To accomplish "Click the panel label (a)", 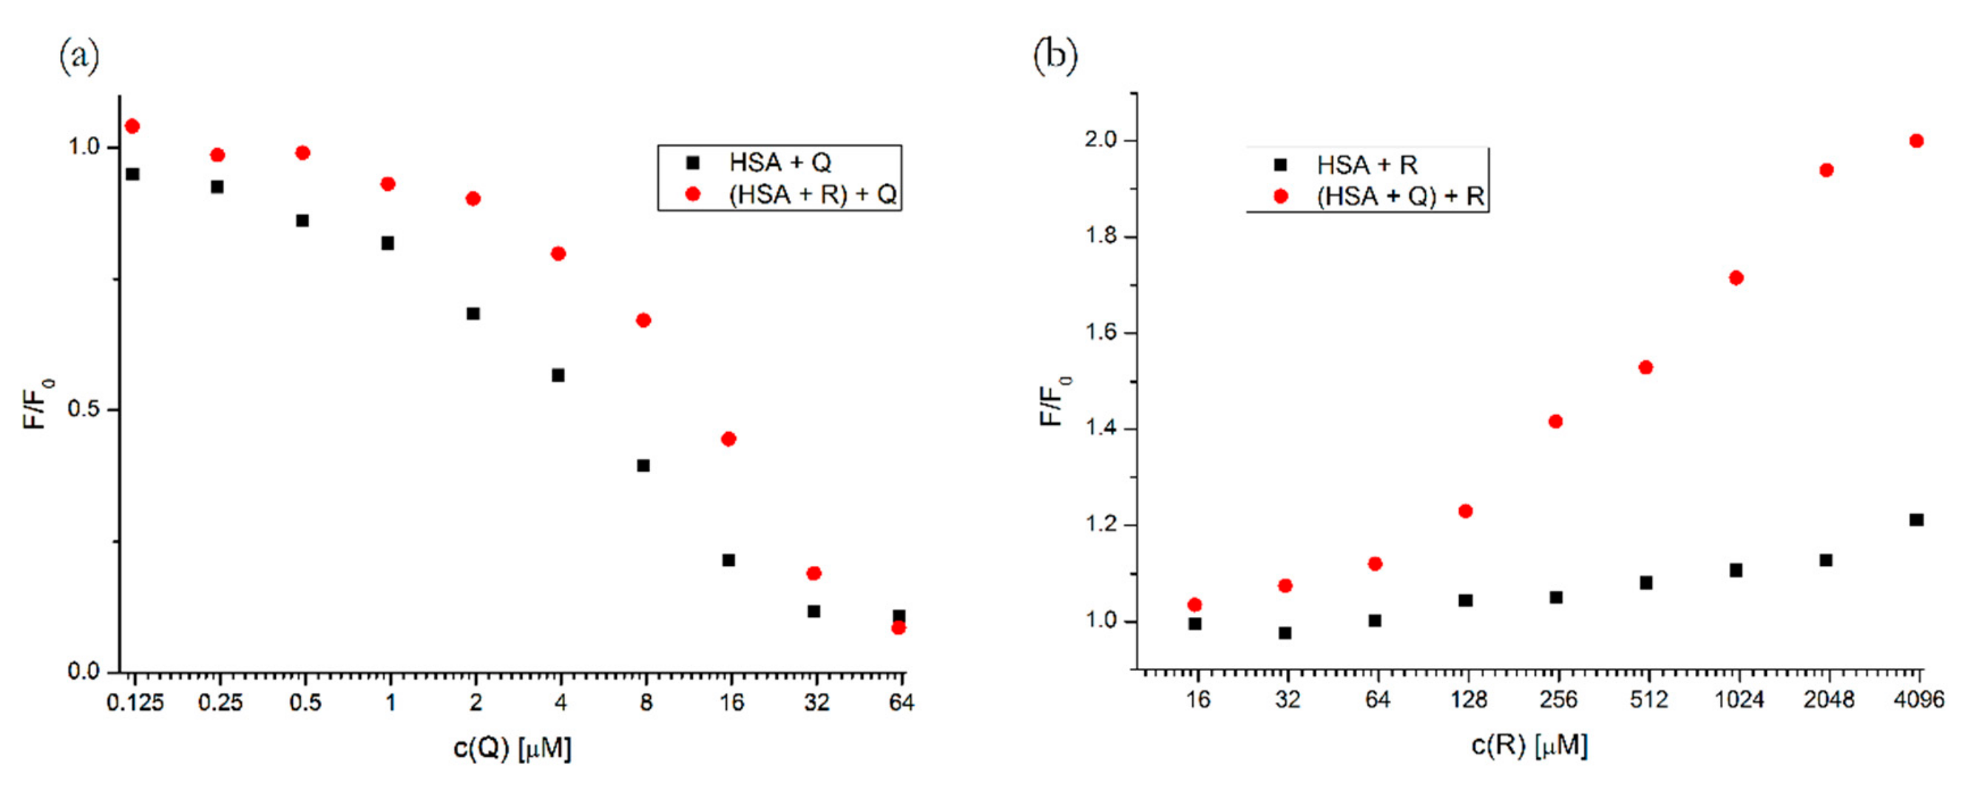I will pyautogui.click(x=79, y=56).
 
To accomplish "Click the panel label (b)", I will pyautogui.click(x=1055, y=56).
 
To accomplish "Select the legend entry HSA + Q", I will pyautogui.click(x=779, y=163).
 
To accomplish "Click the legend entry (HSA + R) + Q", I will pyautogui.click(x=812, y=194).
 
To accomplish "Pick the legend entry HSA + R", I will pyautogui.click(x=1367, y=165).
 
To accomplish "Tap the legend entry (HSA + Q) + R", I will pyautogui.click(x=1399, y=196).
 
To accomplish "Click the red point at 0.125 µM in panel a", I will pyautogui.click(x=132, y=126).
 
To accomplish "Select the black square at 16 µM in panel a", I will pyautogui.click(x=728, y=561).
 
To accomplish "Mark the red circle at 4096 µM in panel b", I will pyautogui.click(x=1917, y=141).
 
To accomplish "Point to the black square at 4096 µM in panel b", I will pyautogui.click(x=1917, y=521).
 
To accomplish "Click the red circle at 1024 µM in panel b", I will pyautogui.click(x=1736, y=278).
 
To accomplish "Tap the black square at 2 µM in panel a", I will pyautogui.click(x=473, y=314).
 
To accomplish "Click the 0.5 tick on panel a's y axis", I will pyautogui.click(x=84, y=410).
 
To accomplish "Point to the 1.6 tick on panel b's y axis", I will pyautogui.click(x=1100, y=333).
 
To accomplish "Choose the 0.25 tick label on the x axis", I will pyautogui.click(x=220, y=702).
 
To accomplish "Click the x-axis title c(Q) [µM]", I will pyautogui.click(x=513, y=748).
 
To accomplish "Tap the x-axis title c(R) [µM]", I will pyautogui.click(x=1529, y=745).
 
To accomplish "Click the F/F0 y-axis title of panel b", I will pyautogui.click(x=1054, y=400).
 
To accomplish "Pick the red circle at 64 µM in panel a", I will pyautogui.click(x=898, y=628).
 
